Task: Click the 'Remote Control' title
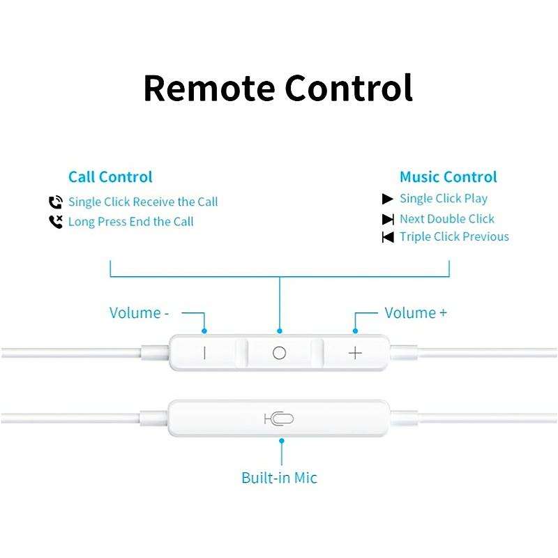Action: (x=278, y=88)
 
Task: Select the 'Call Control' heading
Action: (x=110, y=177)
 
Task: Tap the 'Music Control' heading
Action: (x=448, y=177)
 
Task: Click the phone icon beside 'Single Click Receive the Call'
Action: (x=56, y=202)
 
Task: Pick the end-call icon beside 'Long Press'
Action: (x=56, y=222)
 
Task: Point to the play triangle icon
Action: (x=388, y=199)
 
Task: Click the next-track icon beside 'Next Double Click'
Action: (x=388, y=219)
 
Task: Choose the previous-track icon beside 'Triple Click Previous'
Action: (x=388, y=237)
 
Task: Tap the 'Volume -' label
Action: (x=139, y=312)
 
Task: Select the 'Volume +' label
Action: (x=416, y=312)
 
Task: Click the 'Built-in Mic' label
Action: (x=279, y=478)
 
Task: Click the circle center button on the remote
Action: (x=279, y=353)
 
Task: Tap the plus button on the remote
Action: (x=355, y=353)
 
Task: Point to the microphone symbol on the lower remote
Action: (x=279, y=418)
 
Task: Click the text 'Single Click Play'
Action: (x=444, y=199)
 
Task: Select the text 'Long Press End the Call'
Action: (x=131, y=222)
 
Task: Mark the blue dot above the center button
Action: (x=280, y=331)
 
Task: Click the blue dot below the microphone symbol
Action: (x=282, y=440)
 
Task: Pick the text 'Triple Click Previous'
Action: (x=454, y=237)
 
